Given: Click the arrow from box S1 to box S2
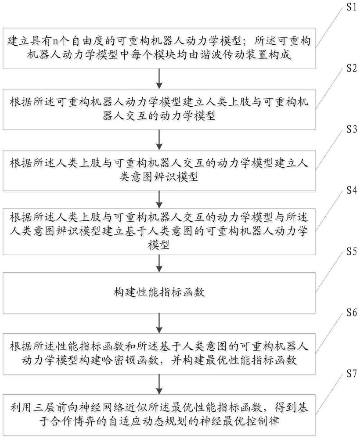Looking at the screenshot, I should [160, 79].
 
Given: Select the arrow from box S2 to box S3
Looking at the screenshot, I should [160, 141].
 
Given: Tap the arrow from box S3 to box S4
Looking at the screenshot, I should [160, 202].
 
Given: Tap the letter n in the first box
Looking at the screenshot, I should [53, 42].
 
